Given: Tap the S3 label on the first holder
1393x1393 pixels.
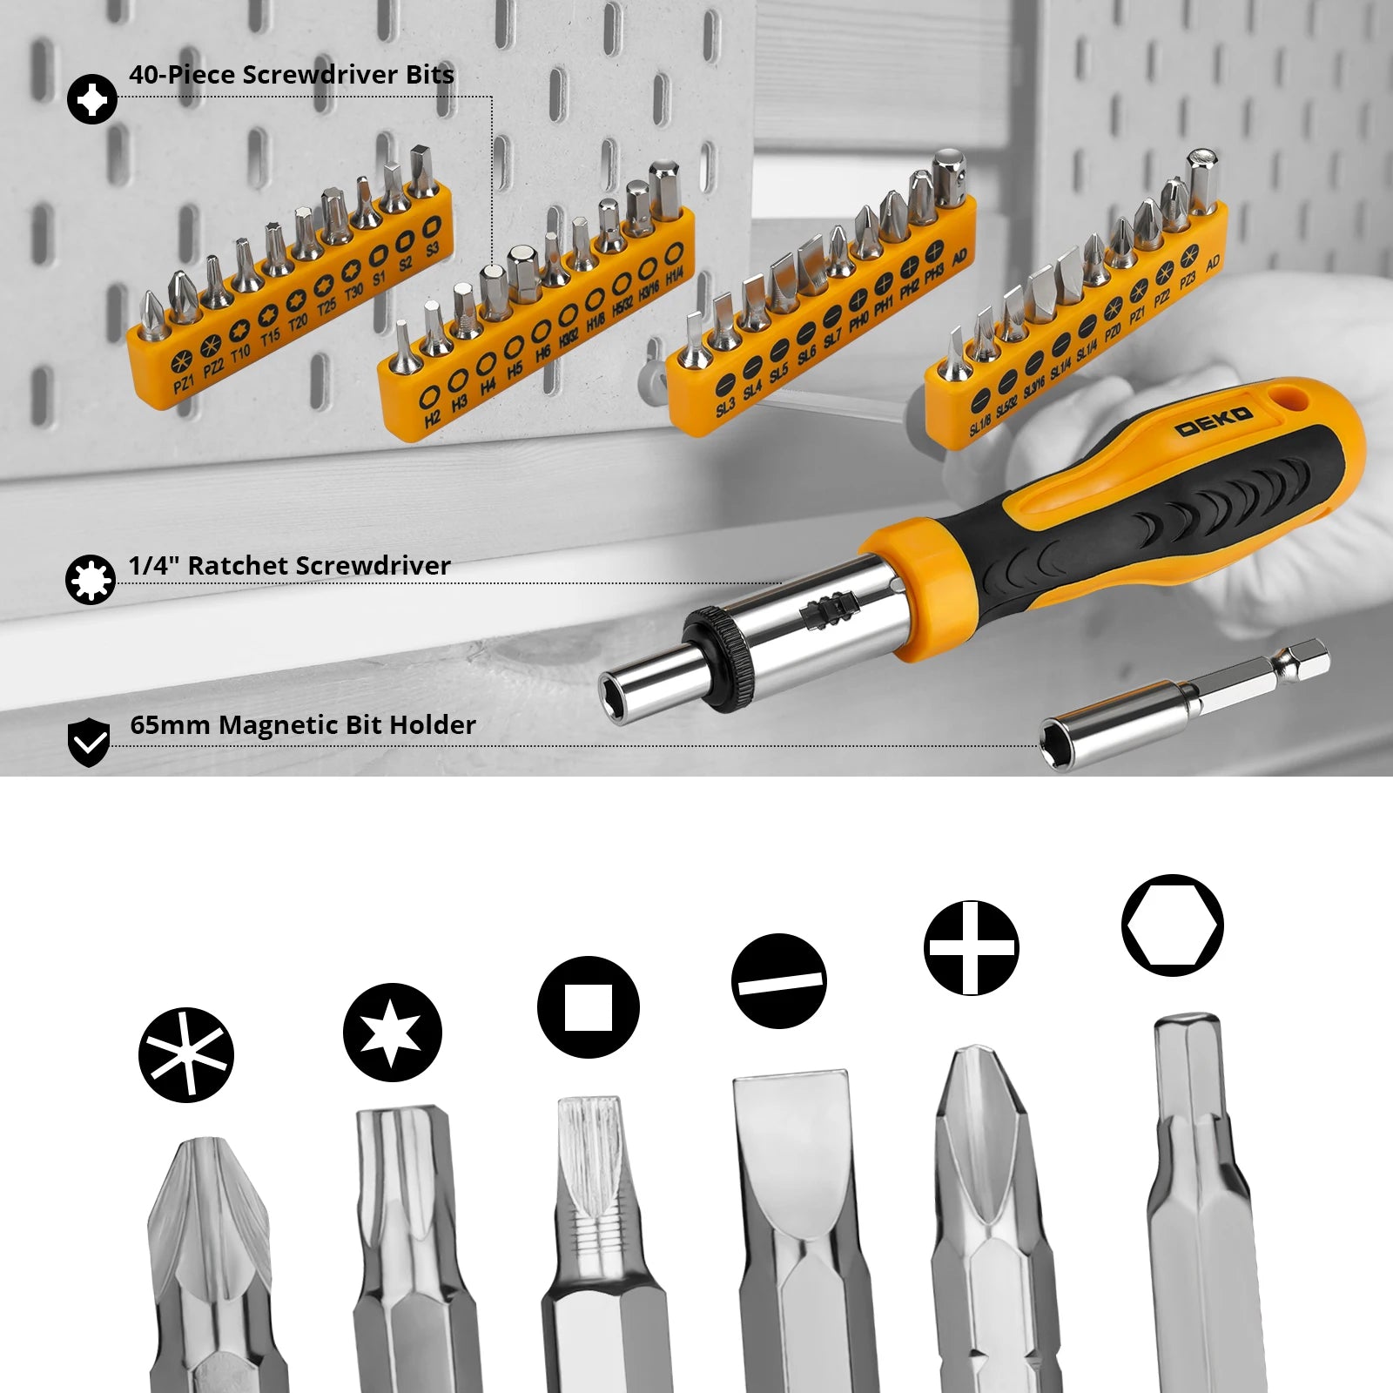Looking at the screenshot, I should tap(433, 251).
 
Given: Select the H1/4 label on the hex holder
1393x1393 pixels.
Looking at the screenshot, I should tap(674, 278).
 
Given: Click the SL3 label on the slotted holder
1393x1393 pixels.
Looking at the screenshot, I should tap(725, 407).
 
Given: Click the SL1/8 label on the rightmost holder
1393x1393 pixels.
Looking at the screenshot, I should tap(979, 425).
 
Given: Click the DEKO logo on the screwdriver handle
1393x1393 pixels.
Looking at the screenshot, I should tap(1214, 421).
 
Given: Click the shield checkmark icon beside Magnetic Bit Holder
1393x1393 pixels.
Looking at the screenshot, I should tap(89, 743).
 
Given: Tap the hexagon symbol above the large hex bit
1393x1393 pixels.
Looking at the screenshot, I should tap(1173, 925).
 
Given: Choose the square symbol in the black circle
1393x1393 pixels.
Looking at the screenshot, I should tap(589, 1007).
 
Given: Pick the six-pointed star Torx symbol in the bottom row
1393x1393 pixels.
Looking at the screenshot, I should tap(393, 1033).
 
